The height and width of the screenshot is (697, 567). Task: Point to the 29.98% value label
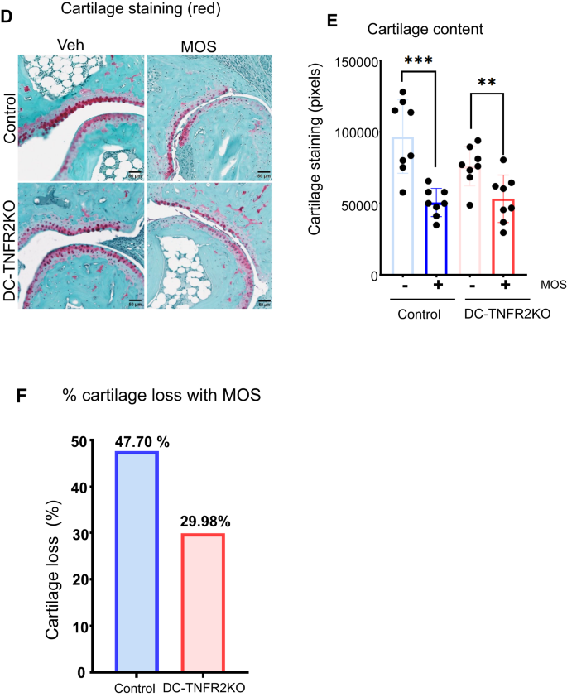201,524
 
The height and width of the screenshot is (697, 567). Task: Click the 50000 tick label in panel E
361,204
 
